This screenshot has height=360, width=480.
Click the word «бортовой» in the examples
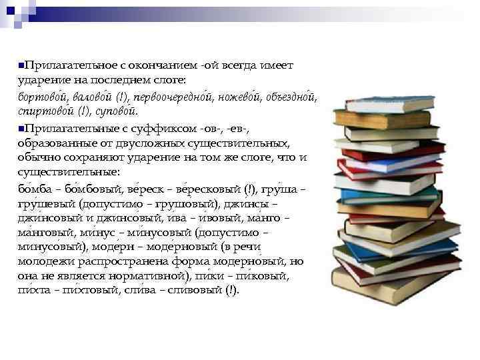[x=41, y=97]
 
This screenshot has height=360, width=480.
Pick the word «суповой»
[x=118, y=112]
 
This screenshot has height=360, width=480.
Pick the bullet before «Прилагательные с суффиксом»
[x=21, y=127]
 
